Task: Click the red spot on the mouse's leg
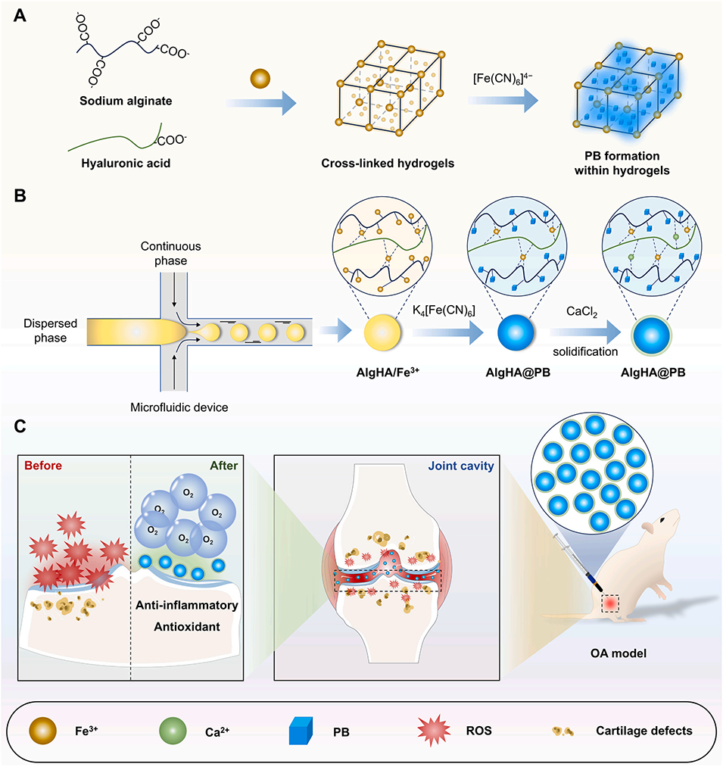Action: click(611, 603)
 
